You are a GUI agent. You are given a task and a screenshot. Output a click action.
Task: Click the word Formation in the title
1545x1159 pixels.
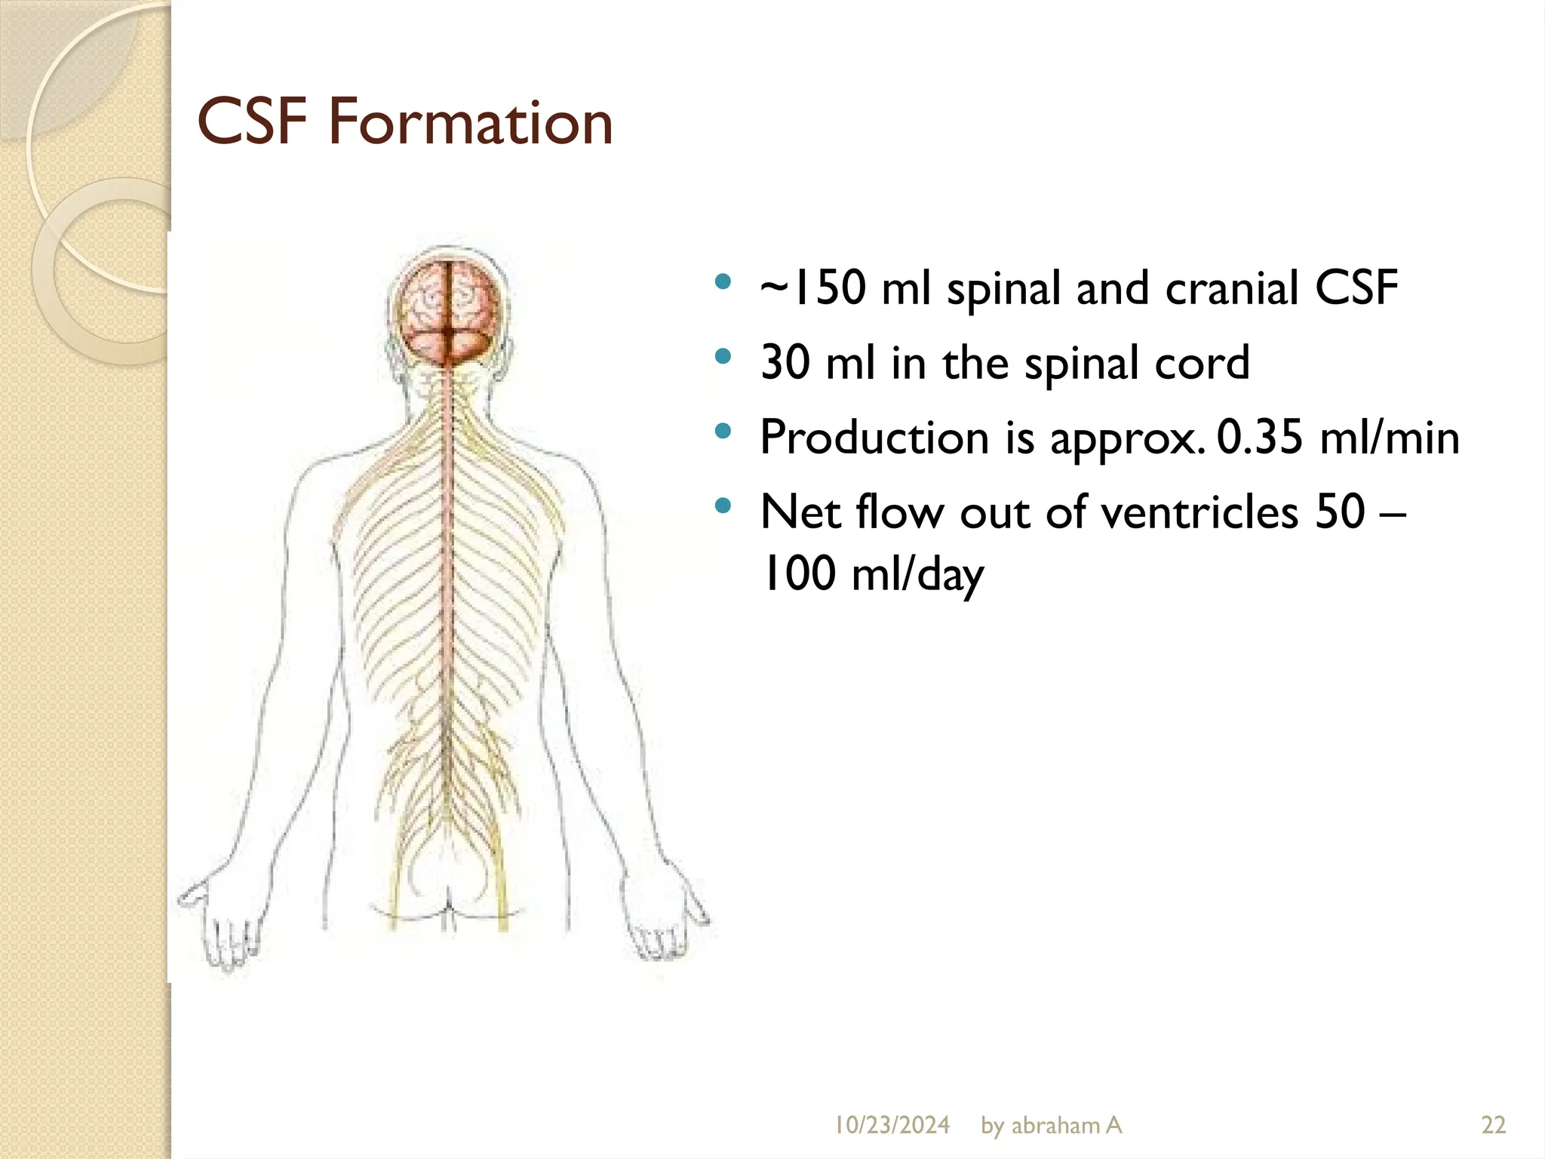click(x=470, y=122)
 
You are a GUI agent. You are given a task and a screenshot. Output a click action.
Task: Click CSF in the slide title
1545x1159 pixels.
click(x=252, y=122)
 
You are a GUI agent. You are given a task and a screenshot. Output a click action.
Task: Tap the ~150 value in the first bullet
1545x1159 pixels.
click(x=812, y=288)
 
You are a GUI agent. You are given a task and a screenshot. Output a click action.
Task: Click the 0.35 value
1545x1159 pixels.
click(x=1259, y=437)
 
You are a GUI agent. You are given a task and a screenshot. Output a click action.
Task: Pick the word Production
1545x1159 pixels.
click(x=874, y=438)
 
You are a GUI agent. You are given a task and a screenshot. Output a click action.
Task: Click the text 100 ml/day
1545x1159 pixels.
click(x=872, y=574)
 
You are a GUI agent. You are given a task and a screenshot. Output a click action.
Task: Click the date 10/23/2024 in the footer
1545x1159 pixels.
click(x=892, y=1126)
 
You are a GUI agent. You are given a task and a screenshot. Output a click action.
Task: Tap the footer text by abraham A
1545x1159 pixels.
click(x=1051, y=1126)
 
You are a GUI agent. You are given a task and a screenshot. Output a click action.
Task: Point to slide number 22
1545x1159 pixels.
click(x=1494, y=1126)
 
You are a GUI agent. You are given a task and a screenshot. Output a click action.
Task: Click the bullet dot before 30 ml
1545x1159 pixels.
click(x=723, y=357)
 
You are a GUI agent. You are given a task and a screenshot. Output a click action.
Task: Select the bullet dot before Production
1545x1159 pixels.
click(x=723, y=432)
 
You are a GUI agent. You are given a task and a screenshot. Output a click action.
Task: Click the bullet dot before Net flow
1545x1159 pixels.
click(x=723, y=506)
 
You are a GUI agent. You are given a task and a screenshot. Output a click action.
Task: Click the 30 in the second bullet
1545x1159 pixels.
click(x=784, y=363)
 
